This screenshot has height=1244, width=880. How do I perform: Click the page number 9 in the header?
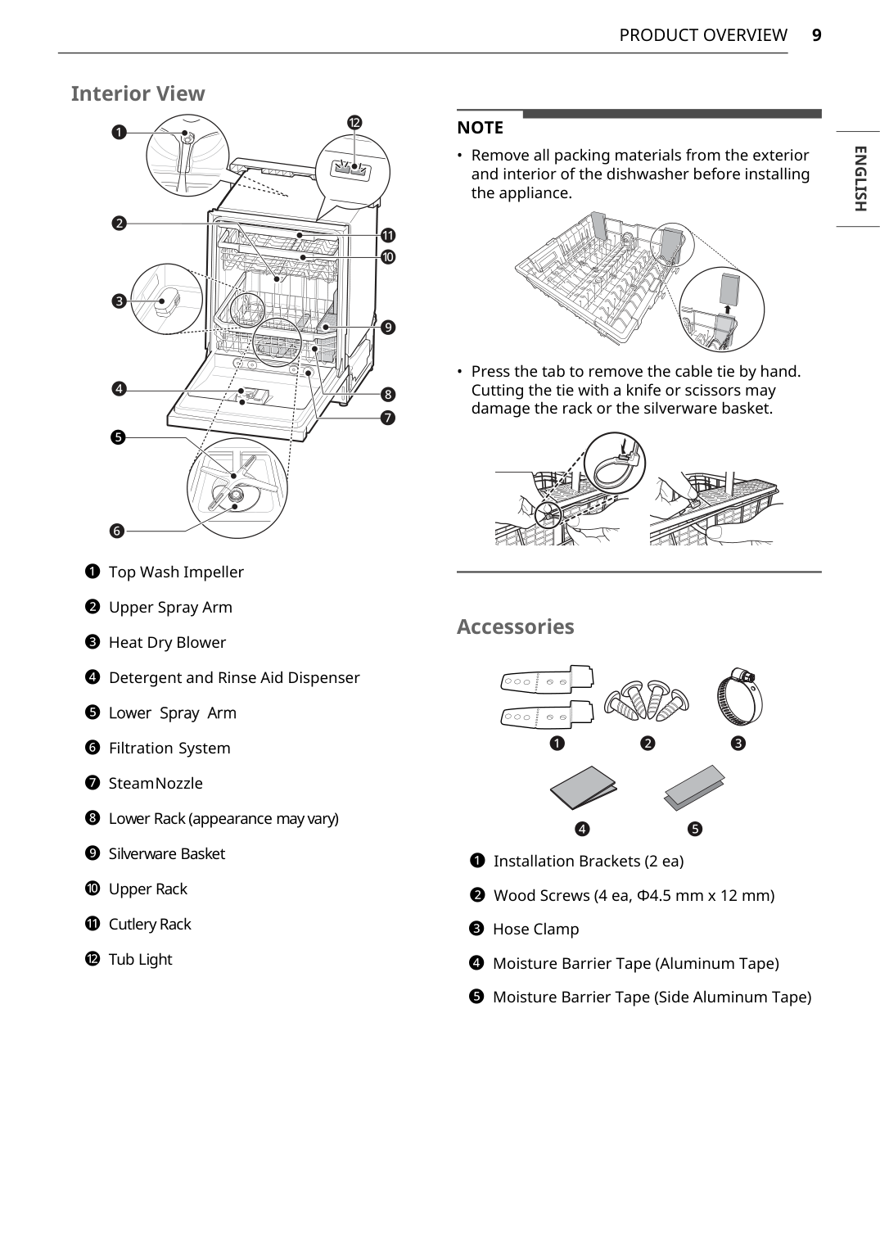816,35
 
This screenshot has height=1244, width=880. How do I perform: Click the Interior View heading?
138,93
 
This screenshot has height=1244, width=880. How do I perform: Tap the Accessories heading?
515,627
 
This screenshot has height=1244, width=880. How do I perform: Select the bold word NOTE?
480,128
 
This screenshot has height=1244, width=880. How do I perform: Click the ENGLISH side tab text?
859,179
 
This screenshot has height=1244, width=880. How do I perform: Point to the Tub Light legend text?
140,959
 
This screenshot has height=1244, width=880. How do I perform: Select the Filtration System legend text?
169,748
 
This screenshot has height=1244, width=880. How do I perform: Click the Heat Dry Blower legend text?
167,642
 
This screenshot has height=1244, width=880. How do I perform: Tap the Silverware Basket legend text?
166,853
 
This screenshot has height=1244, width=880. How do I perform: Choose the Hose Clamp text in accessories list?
535,929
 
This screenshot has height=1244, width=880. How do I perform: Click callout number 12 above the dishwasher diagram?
354,123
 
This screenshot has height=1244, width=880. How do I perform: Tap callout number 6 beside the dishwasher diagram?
117,531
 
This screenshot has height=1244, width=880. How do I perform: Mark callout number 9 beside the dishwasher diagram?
388,328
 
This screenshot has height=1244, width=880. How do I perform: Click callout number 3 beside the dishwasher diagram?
120,301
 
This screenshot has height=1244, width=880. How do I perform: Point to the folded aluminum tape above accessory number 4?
582,787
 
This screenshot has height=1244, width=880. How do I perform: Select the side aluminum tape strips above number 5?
694,787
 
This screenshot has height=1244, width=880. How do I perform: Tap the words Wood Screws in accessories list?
541,895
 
